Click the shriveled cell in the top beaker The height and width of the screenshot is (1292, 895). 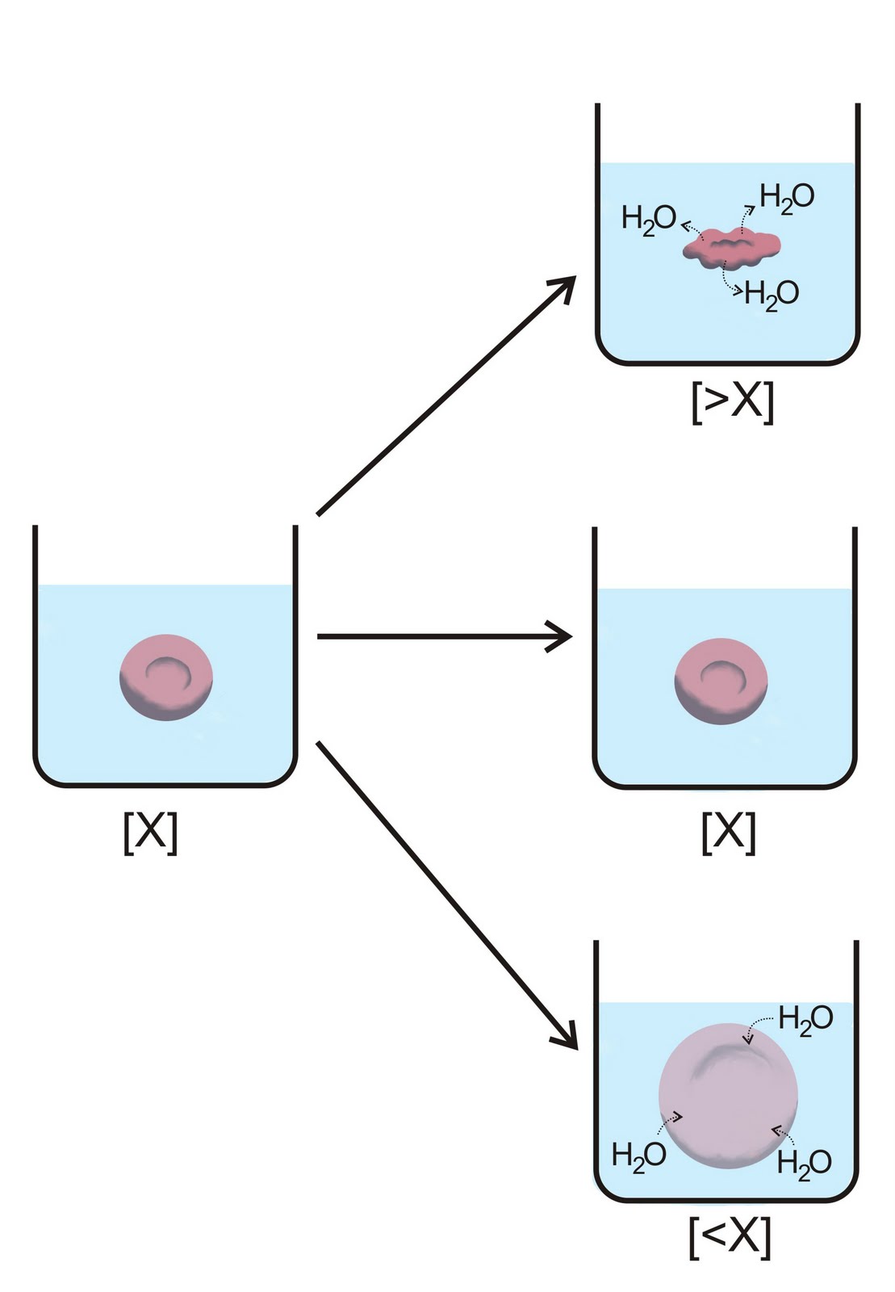pyautogui.click(x=732, y=247)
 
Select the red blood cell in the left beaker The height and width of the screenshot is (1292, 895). pyautogui.click(x=165, y=677)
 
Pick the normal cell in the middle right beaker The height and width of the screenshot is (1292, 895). pyautogui.click(x=720, y=680)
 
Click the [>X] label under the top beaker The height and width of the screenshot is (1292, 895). pyautogui.click(x=732, y=401)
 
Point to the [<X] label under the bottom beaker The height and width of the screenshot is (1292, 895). pyautogui.click(x=730, y=1236)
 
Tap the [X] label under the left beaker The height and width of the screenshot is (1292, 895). pyautogui.click(x=150, y=832)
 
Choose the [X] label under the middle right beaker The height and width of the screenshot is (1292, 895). pyautogui.click(x=729, y=832)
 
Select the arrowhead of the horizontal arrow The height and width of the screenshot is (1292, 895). pyautogui.click(x=561, y=636)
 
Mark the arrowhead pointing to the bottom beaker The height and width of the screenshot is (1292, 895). pyautogui.click(x=567, y=1038)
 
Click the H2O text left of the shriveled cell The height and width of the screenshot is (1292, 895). pyautogui.click(x=648, y=219)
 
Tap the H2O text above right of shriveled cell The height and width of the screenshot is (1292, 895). pyautogui.click(x=787, y=197)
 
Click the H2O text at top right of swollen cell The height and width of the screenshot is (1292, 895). pyautogui.click(x=805, y=1019)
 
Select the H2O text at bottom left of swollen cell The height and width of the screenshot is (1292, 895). pyautogui.click(x=638, y=1156)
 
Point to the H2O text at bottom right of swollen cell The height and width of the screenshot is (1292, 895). pyautogui.click(x=804, y=1164)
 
